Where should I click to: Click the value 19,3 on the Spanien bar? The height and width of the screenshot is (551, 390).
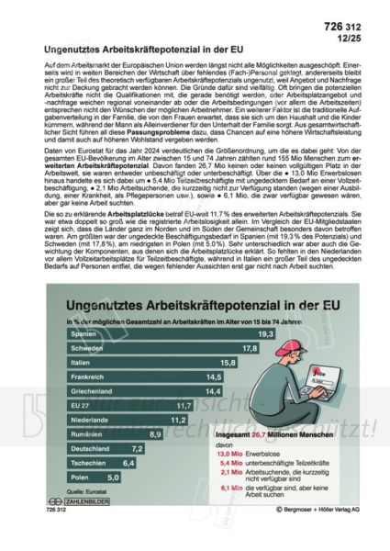click(x=189, y=335)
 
